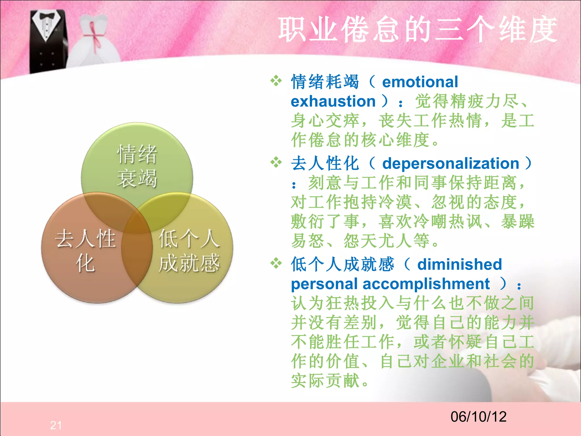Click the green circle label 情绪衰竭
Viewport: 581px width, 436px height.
(137, 166)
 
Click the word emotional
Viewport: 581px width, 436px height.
(420, 82)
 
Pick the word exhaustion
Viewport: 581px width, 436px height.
(333, 101)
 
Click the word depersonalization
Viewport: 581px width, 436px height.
(451, 163)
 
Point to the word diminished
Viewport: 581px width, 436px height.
(460, 264)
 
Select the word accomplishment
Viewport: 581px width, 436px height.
(426, 284)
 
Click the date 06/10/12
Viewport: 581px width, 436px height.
(478, 417)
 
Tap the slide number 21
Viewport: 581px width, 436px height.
(56, 425)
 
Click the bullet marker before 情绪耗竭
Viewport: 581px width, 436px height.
(276, 81)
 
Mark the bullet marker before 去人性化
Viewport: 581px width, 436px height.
(276, 163)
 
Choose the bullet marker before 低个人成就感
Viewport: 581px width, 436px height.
(276, 263)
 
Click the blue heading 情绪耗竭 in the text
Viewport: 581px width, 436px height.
(325, 82)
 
